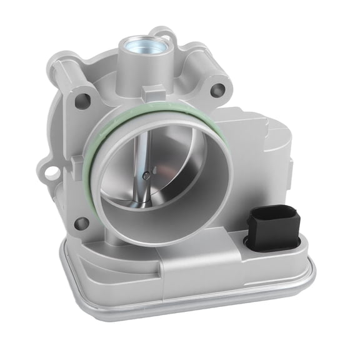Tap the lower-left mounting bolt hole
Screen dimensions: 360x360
pos(79,222)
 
